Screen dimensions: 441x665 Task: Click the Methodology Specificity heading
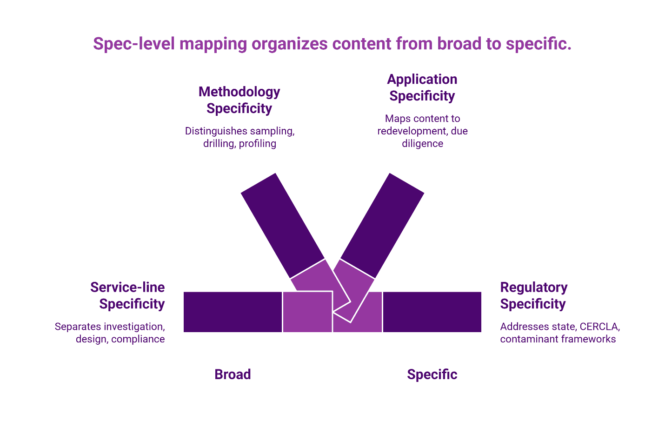coord(239,100)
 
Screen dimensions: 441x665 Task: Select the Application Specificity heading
coord(422,87)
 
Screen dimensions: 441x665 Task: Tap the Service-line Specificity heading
coord(127,295)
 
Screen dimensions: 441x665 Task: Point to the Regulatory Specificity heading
coord(533,295)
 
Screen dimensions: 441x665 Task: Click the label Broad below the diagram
coord(233,374)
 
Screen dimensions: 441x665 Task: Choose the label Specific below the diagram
coord(432,374)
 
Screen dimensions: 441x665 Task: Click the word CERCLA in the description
coord(599,327)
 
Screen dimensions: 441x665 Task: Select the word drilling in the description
coord(219,144)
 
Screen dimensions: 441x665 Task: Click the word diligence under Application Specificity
coord(422,144)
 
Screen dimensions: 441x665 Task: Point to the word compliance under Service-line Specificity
coord(138,339)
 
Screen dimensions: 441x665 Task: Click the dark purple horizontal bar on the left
coord(233,312)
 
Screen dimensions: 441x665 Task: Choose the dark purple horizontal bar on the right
coord(432,312)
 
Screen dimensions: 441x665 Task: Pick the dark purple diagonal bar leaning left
coord(282,226)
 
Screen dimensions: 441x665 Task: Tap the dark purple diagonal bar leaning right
coord(382,226)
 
